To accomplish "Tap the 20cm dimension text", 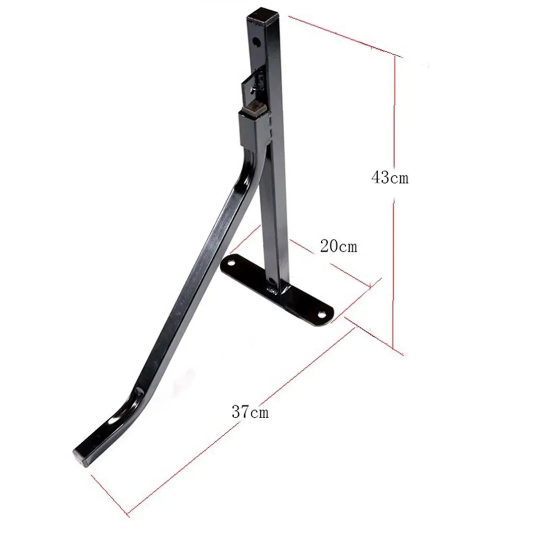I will click(x=338, y=246).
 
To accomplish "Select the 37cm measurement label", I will click(x=250, y=412).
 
